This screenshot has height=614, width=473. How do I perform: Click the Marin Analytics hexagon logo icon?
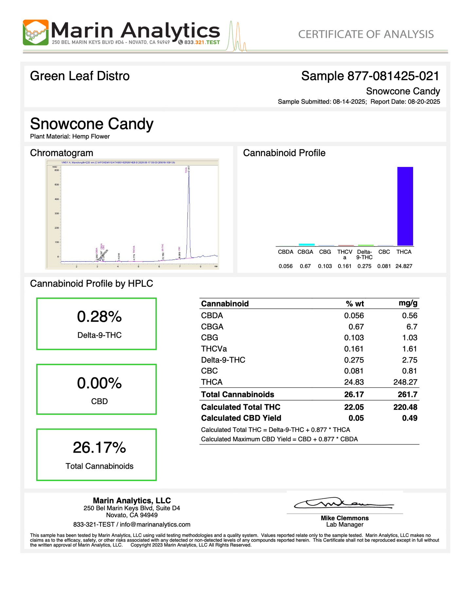coord(35,32)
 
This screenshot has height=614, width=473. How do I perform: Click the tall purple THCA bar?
coord(405,206)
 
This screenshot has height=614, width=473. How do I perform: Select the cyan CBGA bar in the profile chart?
coord(306,244)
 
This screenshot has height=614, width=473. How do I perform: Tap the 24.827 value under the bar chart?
coord(404,266)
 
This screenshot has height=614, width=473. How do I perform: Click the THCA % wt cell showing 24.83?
coord(354,382)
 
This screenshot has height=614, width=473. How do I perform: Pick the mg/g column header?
coord(408,303)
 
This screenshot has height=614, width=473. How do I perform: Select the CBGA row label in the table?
coord(212,327)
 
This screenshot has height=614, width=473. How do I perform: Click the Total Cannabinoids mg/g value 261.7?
coord(407,394)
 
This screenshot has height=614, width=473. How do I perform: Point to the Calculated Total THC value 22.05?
coord(354,407)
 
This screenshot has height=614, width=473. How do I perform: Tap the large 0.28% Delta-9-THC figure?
coord(100,317)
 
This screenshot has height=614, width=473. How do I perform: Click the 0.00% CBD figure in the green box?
coord(100,383)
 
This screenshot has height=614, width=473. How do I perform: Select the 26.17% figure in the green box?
coord(100,448)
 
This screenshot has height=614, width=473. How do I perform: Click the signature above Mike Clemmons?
coord(344,504)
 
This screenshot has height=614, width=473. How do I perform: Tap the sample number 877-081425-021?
coord(393,76)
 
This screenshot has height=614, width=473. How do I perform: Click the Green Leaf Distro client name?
coord(80,76)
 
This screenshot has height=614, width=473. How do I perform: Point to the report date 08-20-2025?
coord(424,102)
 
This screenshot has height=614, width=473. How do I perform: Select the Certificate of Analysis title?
coord(366,34)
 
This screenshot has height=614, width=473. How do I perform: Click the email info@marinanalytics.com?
coord(155,524)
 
